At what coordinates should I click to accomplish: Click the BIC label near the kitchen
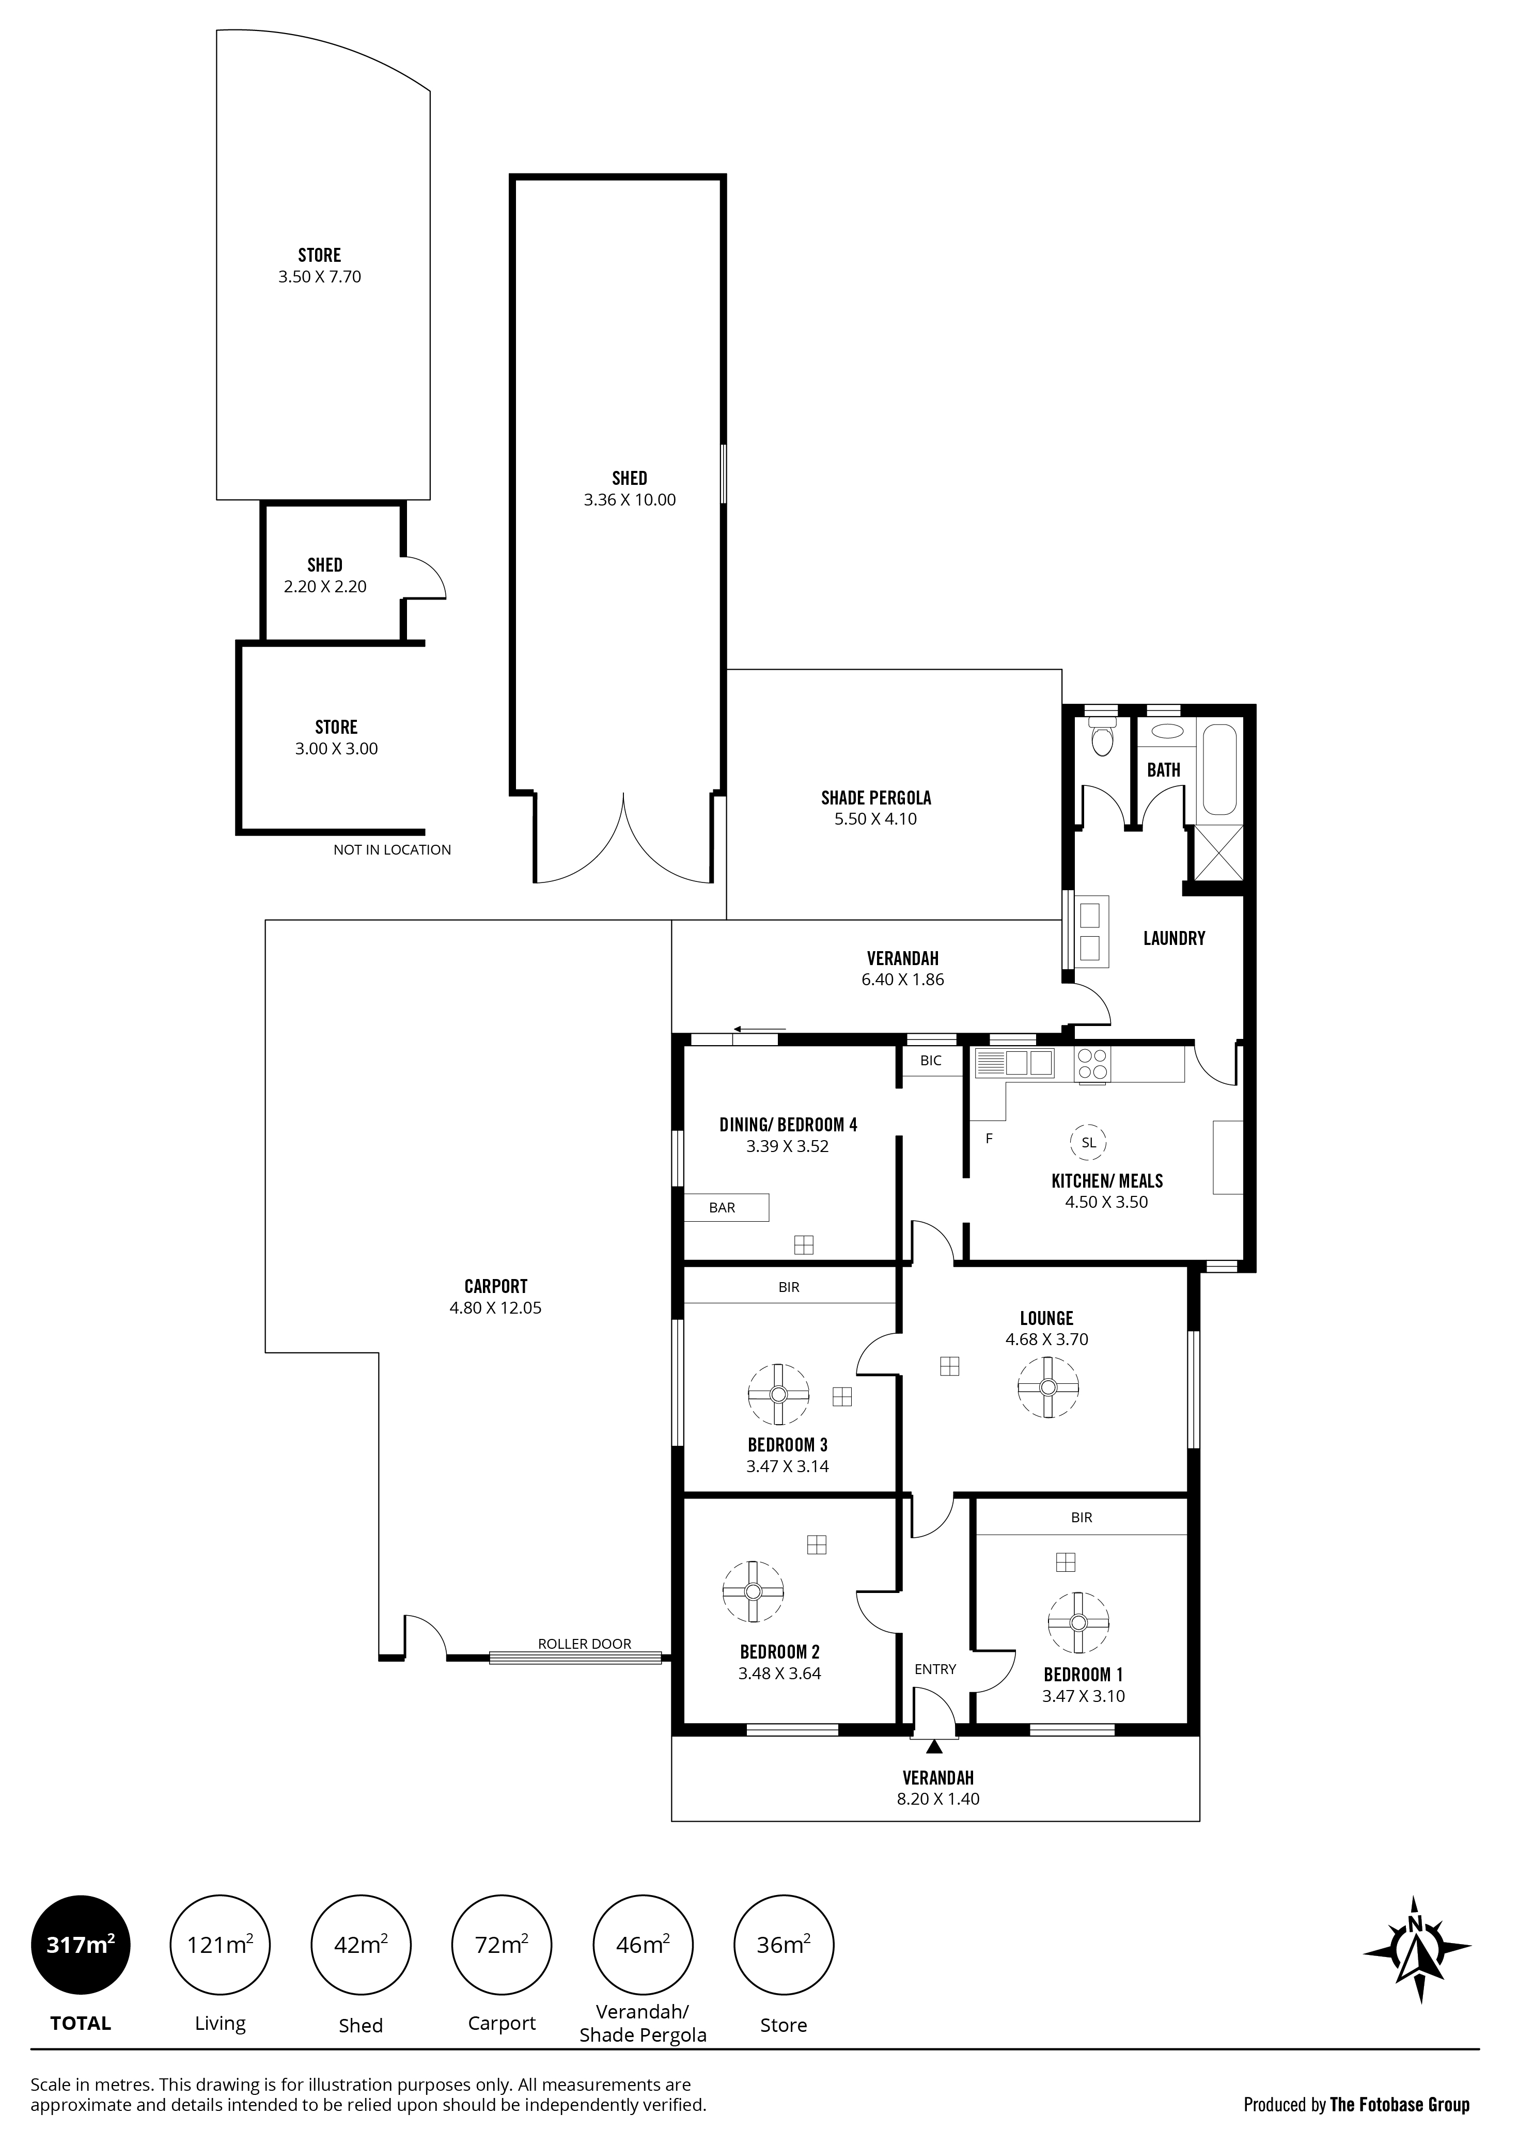point(931,1061)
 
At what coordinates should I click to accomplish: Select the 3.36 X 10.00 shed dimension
point(630,500)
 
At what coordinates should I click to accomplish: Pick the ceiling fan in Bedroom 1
point(1078,1622)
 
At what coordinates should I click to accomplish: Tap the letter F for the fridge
point(989,1139)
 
